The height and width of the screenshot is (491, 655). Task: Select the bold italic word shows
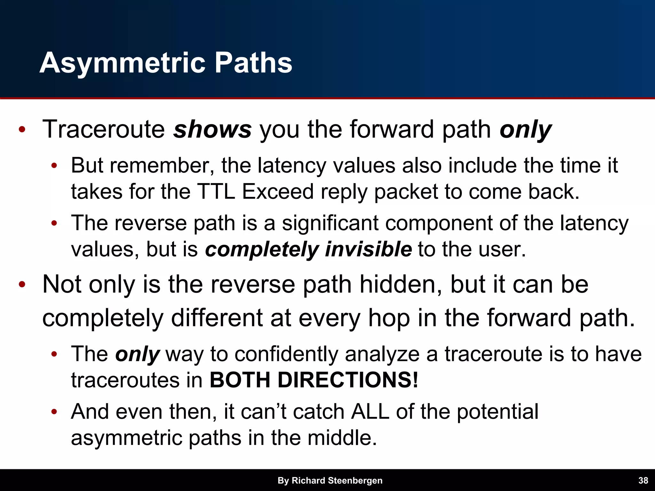[212, 129]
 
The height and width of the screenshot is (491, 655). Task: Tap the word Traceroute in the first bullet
[103, 129]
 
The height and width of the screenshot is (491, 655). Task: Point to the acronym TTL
[216, 192]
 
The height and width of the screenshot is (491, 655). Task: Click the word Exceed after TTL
[278, 192]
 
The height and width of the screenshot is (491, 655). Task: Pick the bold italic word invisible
[368, 249]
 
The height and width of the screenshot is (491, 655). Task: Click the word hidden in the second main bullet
[401, 284]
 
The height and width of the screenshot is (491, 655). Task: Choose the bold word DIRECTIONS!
[348, 380]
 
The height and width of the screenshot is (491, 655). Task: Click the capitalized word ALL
[370, 411]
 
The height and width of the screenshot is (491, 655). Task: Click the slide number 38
[643, 480]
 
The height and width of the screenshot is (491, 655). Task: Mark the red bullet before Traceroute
[22, 130]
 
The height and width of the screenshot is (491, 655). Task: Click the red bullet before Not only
[22, 284]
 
